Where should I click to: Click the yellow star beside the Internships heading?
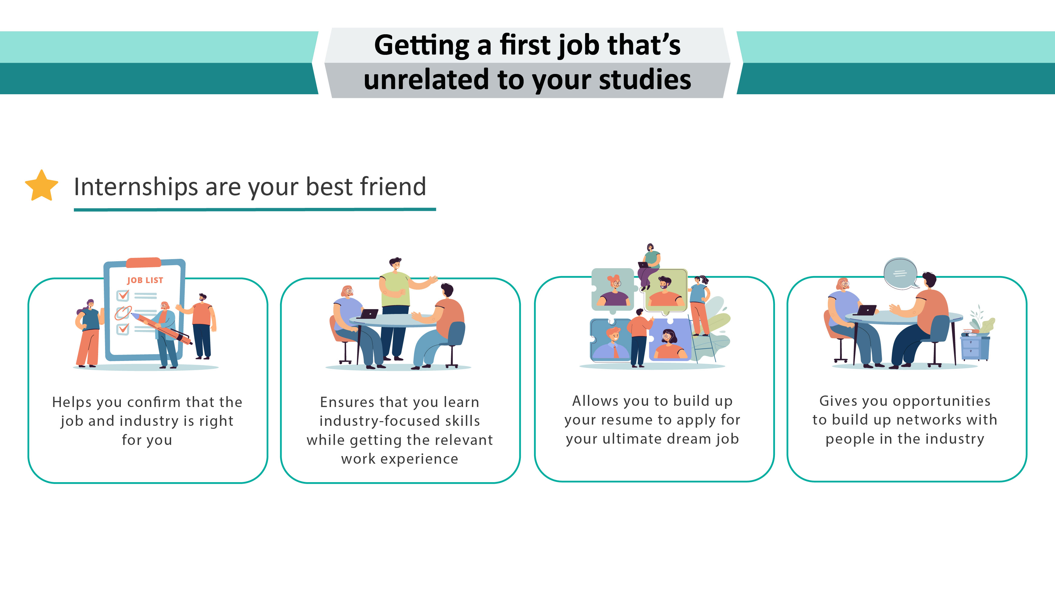41,186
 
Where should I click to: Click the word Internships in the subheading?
136,187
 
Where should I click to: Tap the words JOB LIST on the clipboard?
145,280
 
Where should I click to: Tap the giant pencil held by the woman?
161,327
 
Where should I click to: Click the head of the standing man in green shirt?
395,264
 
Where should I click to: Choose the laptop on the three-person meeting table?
369,314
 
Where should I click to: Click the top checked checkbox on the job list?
122,295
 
